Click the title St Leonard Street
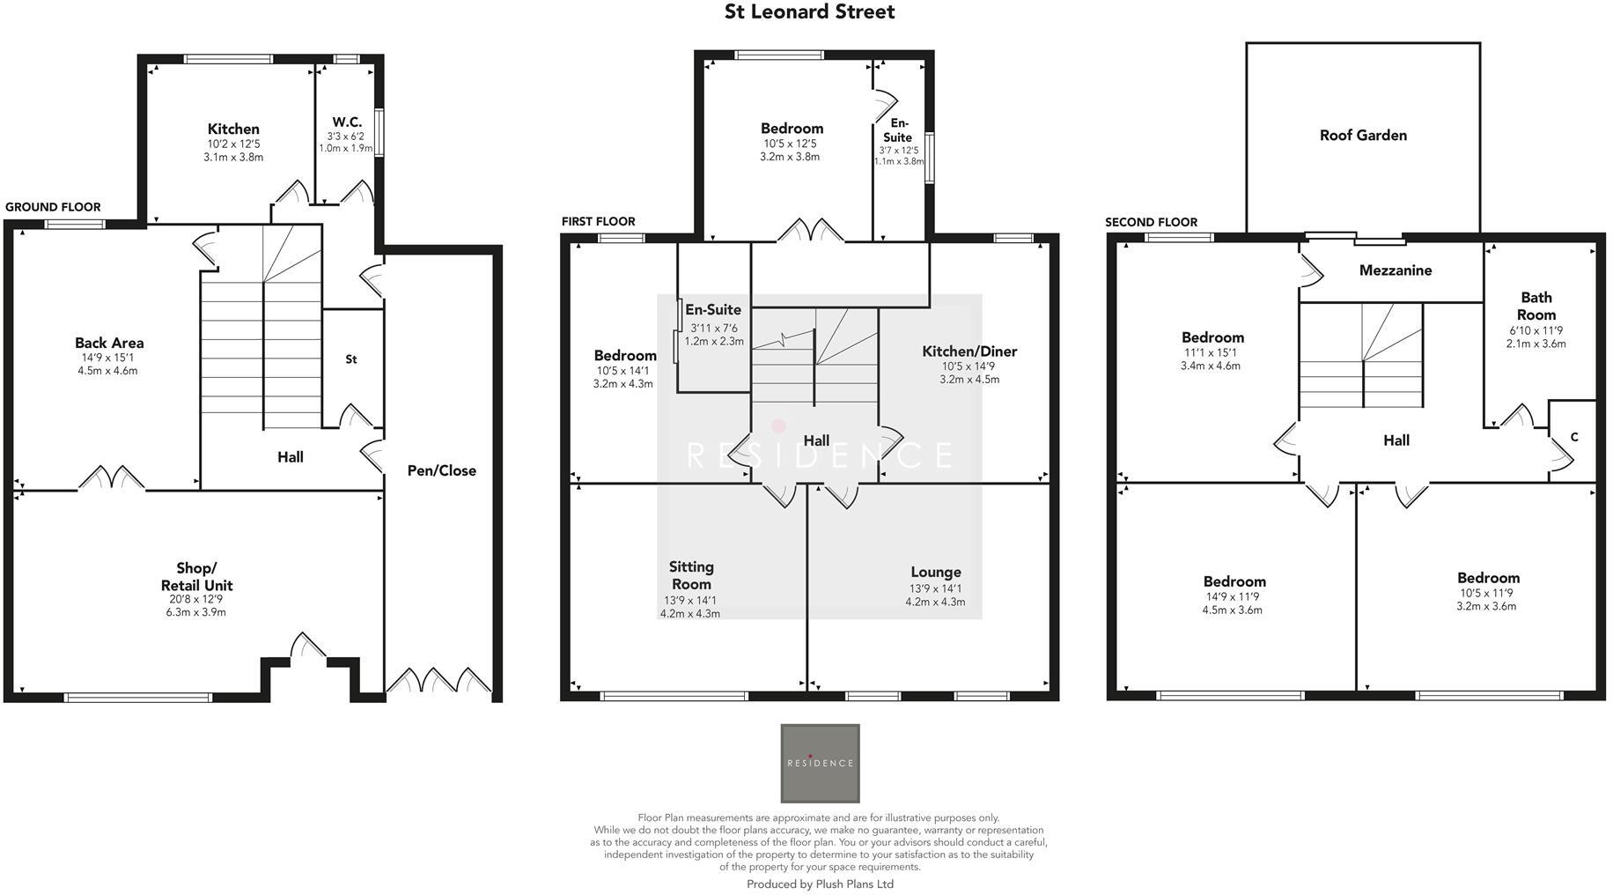(809, 12)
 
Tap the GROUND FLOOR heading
(53, 207)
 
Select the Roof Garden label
(1363, 135)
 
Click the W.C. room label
(347, 122)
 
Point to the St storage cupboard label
(351, 359)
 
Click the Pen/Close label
(441, 470)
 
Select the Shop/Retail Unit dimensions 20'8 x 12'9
(195, 599)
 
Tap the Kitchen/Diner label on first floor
(969, 351)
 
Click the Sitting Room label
(691, 575)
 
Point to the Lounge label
(935, 572)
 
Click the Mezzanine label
(1395, 270)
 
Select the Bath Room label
(1536, 306)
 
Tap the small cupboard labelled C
(1573, 437)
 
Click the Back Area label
(109, 343)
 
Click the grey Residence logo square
(820, 763)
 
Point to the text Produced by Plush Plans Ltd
(820, 884)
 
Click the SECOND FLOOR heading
(1151, 222)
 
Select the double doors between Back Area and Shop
(111, 478)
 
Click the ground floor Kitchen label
(233, 129)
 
